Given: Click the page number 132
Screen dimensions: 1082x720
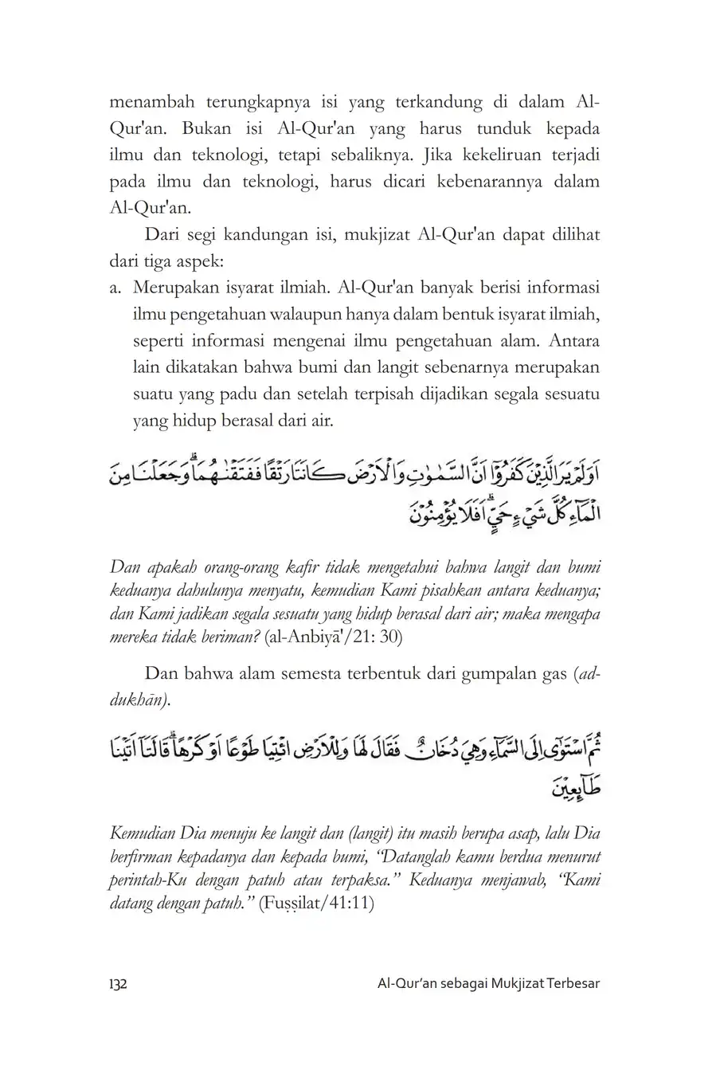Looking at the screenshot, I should pos(119,983).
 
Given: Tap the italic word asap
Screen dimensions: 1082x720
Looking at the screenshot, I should pos(483,834).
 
